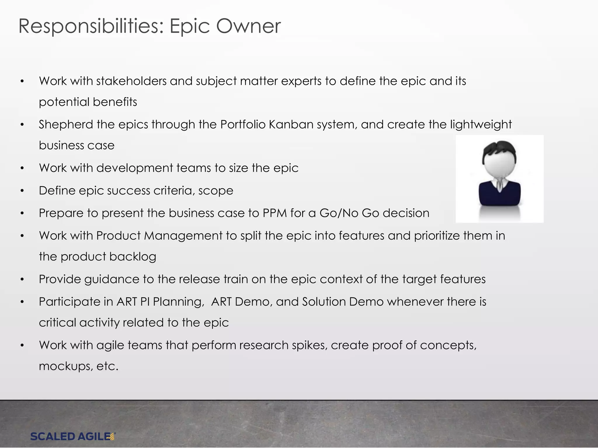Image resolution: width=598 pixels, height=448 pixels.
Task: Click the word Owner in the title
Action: (x=248, y=26)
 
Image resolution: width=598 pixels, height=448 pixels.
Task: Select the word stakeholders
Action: (x=131, y=81)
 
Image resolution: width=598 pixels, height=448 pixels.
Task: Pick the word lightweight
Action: (x=481, y=125)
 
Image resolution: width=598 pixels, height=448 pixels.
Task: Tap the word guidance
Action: (x=112, y=279)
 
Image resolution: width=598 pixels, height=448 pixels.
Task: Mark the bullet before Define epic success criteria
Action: (x=22, y=191)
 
